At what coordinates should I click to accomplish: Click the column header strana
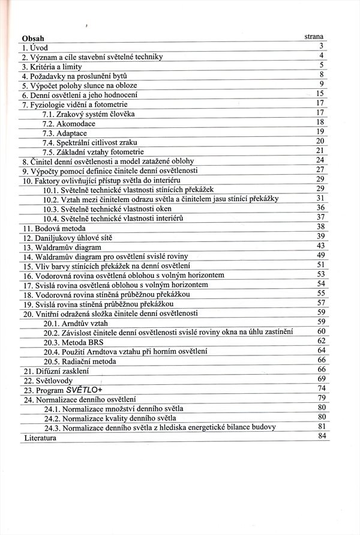314,37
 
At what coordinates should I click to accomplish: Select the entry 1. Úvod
35,47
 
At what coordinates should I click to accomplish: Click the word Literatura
40,438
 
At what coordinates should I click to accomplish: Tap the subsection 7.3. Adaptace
65,132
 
